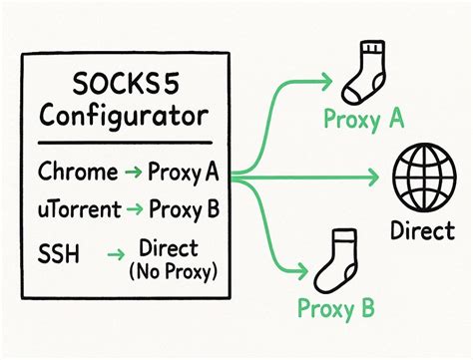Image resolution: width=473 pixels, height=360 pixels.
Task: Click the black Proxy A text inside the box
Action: tap(183, 175)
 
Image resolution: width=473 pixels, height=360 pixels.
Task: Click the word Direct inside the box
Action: tap(169, 247)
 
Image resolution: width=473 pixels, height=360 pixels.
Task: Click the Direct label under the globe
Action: tap(427, 230)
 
